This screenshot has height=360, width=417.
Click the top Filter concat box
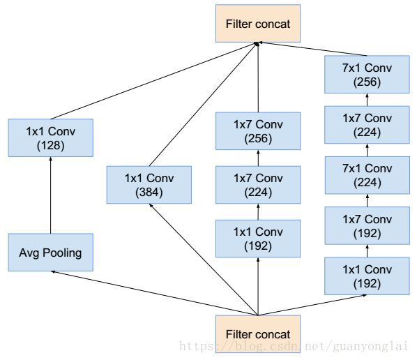[258, 24]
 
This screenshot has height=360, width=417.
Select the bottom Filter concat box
[258, 334]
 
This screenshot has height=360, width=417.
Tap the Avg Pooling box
[50, 253]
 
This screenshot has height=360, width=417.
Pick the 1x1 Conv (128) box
[50, 138]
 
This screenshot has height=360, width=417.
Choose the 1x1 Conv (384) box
[149, 185]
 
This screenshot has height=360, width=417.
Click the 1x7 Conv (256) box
[258, 131]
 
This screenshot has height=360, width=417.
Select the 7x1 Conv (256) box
[367, 75]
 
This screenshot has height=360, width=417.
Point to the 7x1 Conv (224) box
[367, 175]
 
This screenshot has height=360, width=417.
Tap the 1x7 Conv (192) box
[367, 225]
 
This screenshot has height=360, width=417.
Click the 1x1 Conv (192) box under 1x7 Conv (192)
[367, 276]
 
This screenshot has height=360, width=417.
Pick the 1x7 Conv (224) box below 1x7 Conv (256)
[258, 185]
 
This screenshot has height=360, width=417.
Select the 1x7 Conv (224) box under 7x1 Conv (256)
[367, 125]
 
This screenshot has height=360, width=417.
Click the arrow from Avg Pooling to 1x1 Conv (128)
[50, 195]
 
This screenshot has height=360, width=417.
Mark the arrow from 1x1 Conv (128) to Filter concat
[154, 81]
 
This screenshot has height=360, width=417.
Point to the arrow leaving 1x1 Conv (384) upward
[204, 104]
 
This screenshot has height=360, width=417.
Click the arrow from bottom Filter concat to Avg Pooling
[154, 293]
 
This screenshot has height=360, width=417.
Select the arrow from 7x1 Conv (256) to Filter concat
[312, 49]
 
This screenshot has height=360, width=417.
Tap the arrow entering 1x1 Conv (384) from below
[204, 260]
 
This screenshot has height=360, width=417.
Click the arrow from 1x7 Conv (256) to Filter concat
[258, 77]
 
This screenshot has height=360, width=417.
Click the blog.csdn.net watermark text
[294, 346]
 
